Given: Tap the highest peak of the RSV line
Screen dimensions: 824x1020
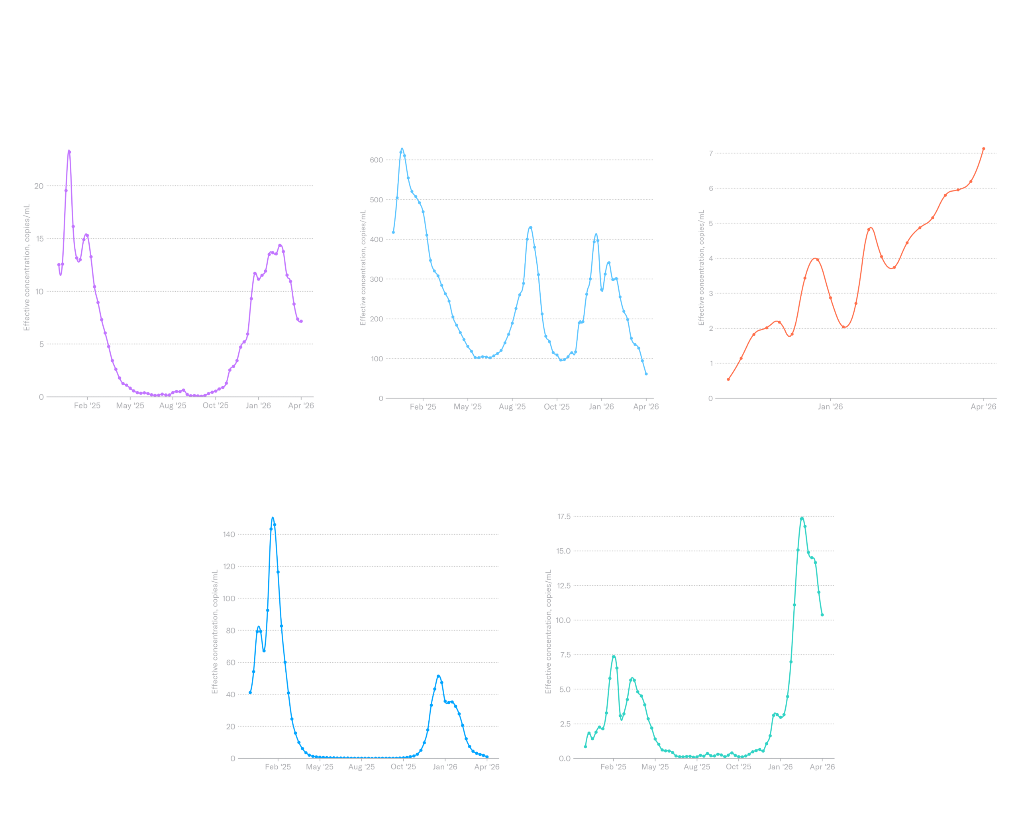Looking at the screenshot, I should pos(69,151).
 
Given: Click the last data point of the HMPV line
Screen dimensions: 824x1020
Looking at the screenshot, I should pos(983,149).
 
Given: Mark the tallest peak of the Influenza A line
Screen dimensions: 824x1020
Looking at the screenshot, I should pos(273,518).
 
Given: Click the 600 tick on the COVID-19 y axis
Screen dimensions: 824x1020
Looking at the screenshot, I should pos(377,160).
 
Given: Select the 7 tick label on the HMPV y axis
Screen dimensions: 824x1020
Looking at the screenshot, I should pos(710,153).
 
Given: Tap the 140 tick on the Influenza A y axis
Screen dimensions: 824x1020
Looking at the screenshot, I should pos(229,534).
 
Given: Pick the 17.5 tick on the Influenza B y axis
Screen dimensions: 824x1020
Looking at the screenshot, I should pos(564,516).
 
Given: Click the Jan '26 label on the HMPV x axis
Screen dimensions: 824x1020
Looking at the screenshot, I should pos(830,406).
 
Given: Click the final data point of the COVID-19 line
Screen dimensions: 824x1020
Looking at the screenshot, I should pos(646,374).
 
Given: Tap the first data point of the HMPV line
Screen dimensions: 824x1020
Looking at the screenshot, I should pos(728,379).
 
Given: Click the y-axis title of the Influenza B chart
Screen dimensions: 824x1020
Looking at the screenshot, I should pos(548,631).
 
